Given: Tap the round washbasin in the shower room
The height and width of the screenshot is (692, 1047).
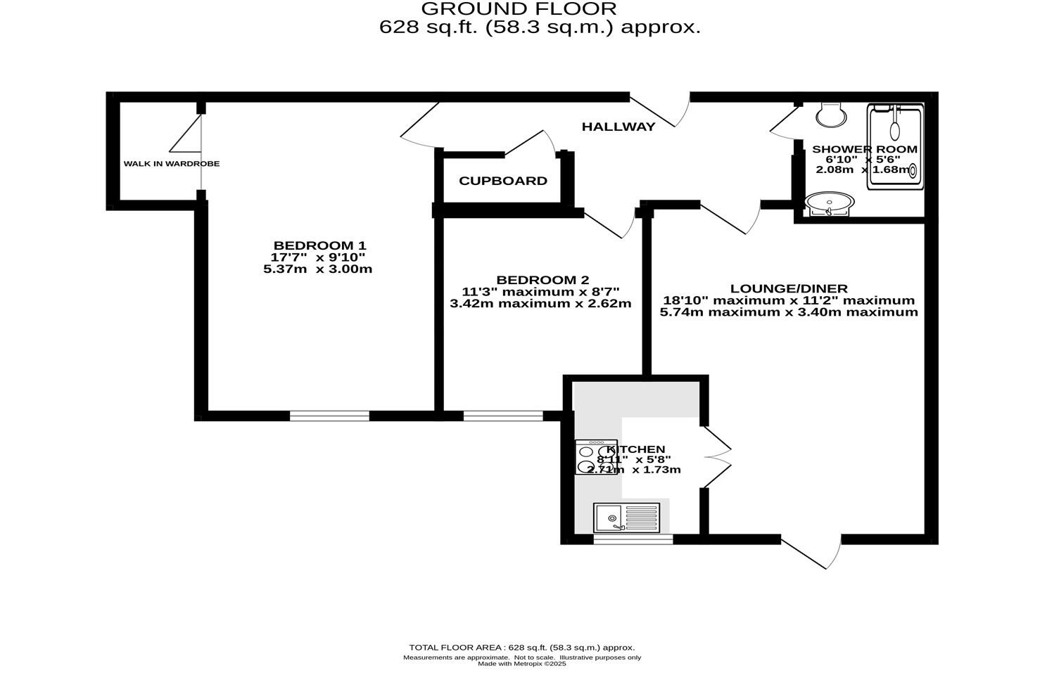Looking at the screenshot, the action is [829, 204].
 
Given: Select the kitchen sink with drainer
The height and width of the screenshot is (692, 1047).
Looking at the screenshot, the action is [626, 518].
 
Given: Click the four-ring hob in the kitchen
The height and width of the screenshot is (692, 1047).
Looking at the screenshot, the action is [595, 457].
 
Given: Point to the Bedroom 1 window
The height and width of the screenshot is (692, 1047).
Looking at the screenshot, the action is [329, 416].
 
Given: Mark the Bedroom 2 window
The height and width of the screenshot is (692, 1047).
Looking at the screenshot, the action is [503, 416].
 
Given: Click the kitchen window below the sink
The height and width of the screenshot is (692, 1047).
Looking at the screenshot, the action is [633, 539].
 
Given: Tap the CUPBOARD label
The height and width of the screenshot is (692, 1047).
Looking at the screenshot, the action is [502, 181].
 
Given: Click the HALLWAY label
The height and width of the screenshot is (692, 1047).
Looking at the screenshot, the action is [618, 127].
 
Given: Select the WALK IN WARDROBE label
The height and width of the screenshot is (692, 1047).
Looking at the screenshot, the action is [172, 164].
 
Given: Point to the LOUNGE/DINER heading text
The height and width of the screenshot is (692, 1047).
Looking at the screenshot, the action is [788, 288].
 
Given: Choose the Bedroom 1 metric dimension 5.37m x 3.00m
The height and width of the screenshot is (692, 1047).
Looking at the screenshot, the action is [317, 269].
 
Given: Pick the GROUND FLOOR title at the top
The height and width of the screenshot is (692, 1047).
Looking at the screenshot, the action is [519, 9].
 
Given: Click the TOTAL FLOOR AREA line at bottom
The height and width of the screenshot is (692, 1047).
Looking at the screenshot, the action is [521, 648].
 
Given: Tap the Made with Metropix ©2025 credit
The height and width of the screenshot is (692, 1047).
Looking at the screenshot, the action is [521, 664].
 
